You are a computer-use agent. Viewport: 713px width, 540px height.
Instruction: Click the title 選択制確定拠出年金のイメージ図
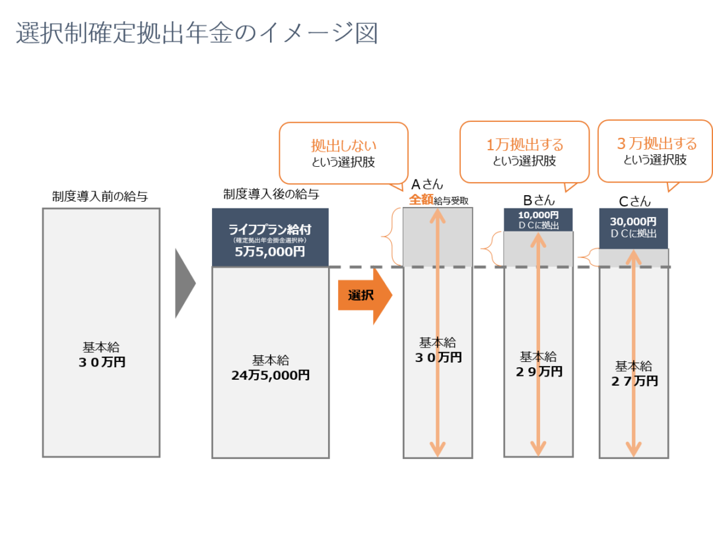tap(196, 33)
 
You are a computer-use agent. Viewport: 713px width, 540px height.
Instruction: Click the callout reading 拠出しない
tap(343, 152)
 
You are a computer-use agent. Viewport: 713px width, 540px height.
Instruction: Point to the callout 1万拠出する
tap(524, 152)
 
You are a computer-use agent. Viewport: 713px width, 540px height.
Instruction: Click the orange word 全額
tap(421, 199)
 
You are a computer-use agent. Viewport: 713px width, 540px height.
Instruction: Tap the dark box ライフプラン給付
tap(270, 230)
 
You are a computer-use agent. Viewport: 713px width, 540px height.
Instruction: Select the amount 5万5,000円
tap(270, 252)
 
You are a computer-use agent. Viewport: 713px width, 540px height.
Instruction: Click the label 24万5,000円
tap(270, 376)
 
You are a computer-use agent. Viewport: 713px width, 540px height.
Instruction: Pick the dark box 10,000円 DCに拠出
tap(538, 220)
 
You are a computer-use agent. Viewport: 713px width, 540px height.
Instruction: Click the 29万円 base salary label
tap(539, 372)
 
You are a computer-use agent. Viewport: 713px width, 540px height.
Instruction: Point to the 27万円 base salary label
tap(634, 381)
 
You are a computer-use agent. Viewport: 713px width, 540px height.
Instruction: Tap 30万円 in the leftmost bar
tap(101, 362)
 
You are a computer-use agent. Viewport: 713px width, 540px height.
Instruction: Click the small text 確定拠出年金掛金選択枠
tap(270, 241)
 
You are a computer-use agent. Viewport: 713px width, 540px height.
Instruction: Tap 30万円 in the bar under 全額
tap(437, 357)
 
